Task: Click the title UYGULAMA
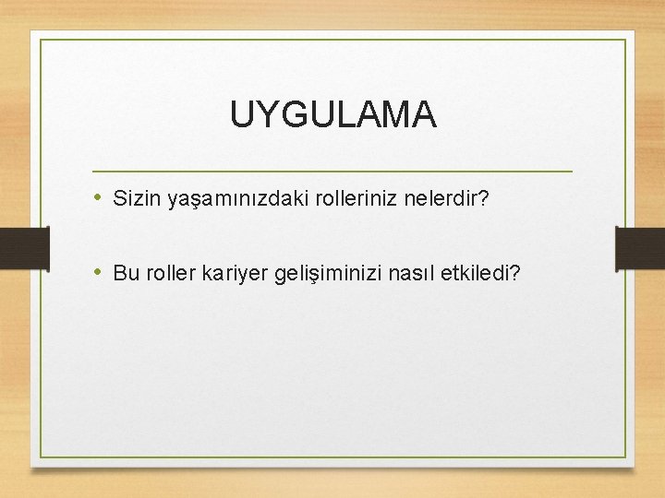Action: pos(332,115)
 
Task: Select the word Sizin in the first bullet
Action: pos(137,197)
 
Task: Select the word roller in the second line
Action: pos(166,273)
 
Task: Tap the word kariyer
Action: pos(233,274)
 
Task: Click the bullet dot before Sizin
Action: pos(98,197)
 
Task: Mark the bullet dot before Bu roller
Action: pos(98,273)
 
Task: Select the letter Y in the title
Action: pos(263,115)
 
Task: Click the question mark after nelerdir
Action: pos(482,197)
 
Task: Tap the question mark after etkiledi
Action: pos(514,273)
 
